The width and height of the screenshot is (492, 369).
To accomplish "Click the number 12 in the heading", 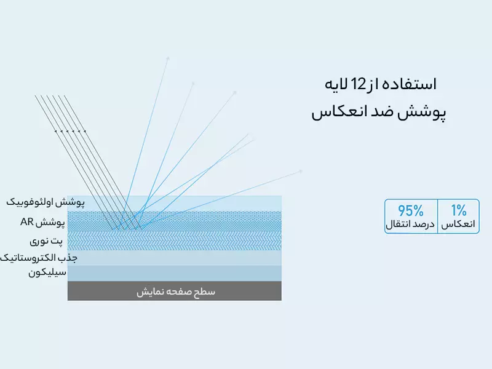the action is point(358,84).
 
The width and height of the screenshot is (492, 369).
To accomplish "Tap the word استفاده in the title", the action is point(413,84).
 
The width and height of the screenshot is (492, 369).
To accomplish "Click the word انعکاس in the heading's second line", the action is point(335,113).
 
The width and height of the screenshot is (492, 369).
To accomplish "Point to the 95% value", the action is point(411,210).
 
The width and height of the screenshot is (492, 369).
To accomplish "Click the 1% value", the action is point(459,210).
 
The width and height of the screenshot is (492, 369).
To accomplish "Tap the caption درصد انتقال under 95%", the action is point(410,224).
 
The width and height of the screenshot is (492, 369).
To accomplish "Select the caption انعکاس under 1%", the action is point(458,224).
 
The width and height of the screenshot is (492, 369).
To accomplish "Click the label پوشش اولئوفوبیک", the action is point(46,202).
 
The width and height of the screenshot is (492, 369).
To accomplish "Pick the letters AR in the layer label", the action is point(26,222).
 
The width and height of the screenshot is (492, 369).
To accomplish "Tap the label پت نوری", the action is point(46,241).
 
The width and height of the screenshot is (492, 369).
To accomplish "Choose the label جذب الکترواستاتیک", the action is point(39,258).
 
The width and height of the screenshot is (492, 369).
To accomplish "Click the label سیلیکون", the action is point(47,272).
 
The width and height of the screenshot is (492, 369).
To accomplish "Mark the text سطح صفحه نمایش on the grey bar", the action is point(176,292).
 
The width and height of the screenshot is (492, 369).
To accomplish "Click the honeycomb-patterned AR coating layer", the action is point(175,221).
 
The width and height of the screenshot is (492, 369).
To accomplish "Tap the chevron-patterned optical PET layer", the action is point(175,240).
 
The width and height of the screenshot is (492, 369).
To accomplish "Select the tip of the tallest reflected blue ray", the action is point(168,57).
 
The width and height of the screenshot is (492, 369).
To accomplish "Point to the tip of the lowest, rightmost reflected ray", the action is point(301,171).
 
